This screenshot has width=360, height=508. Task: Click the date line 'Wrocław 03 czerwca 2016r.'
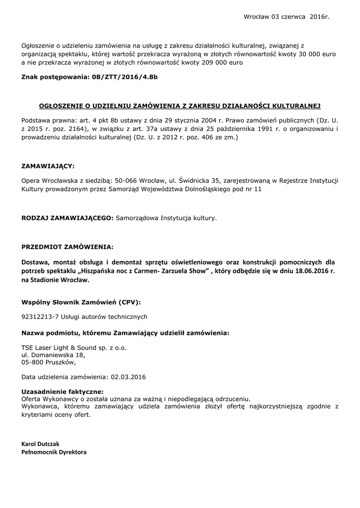pos(287,17)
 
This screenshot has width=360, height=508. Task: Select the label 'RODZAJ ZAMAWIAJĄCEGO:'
pos(68,217)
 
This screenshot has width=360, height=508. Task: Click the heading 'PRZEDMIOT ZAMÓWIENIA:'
pos(67,247)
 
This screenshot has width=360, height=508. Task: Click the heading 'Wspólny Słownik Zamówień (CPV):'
pos(81,302)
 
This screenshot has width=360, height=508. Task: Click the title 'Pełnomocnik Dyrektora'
pos(54,452)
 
